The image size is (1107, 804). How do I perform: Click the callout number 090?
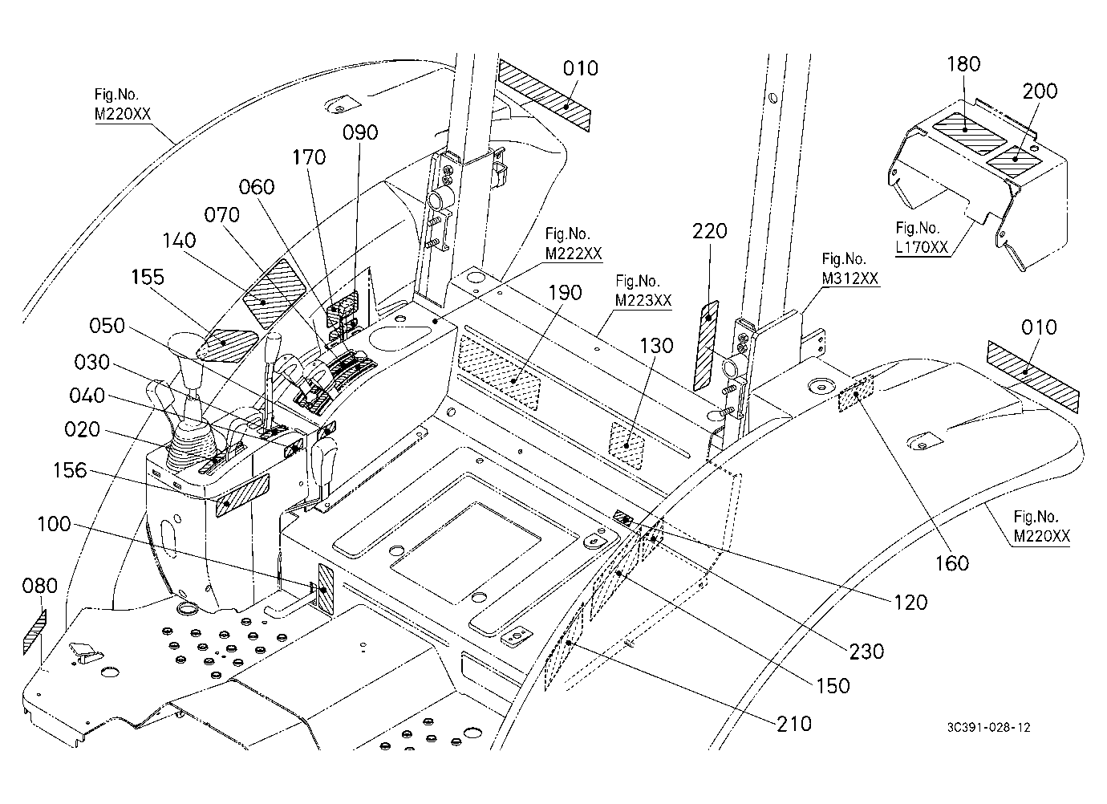click(360, 132)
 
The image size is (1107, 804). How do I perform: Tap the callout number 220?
click(709, 231)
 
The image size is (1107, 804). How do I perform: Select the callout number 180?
click(963, 63)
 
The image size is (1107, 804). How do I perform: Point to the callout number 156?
click(70, 469)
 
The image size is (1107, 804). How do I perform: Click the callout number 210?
click(794, 724)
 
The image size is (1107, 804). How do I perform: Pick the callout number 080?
click(40, 586)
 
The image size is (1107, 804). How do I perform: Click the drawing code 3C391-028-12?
click(988, 727)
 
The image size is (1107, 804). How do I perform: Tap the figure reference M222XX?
click(574, 254)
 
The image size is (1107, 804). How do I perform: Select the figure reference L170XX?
click(922, 247)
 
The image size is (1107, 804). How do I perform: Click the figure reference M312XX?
click(850, 279)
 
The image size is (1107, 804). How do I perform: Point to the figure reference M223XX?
click(643, 300)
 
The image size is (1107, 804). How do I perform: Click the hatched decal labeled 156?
click(242, 495)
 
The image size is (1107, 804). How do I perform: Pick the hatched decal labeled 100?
click(326, 590)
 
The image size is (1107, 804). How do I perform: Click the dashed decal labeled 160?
click(855, 394)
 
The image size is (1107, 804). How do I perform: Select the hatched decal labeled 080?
click(34, 632)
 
